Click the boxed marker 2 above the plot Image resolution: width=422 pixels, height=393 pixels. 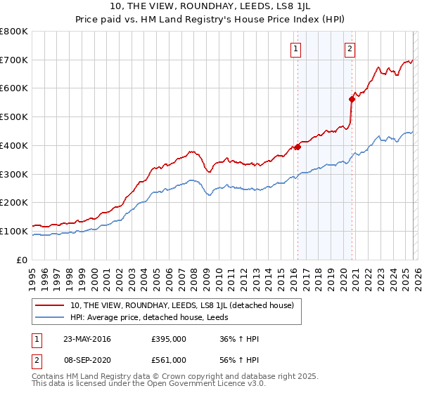coord(350,48)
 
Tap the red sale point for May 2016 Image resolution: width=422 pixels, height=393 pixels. coord(298,147)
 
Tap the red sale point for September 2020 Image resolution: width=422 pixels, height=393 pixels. coord(352,100)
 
